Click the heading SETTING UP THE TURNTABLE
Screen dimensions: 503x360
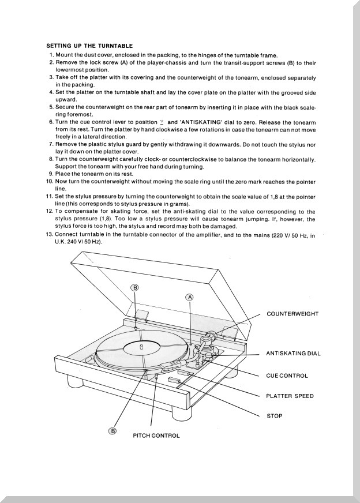click(89, 46)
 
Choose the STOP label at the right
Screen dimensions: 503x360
click(275, 416)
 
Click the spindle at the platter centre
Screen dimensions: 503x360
click(141, 346)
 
